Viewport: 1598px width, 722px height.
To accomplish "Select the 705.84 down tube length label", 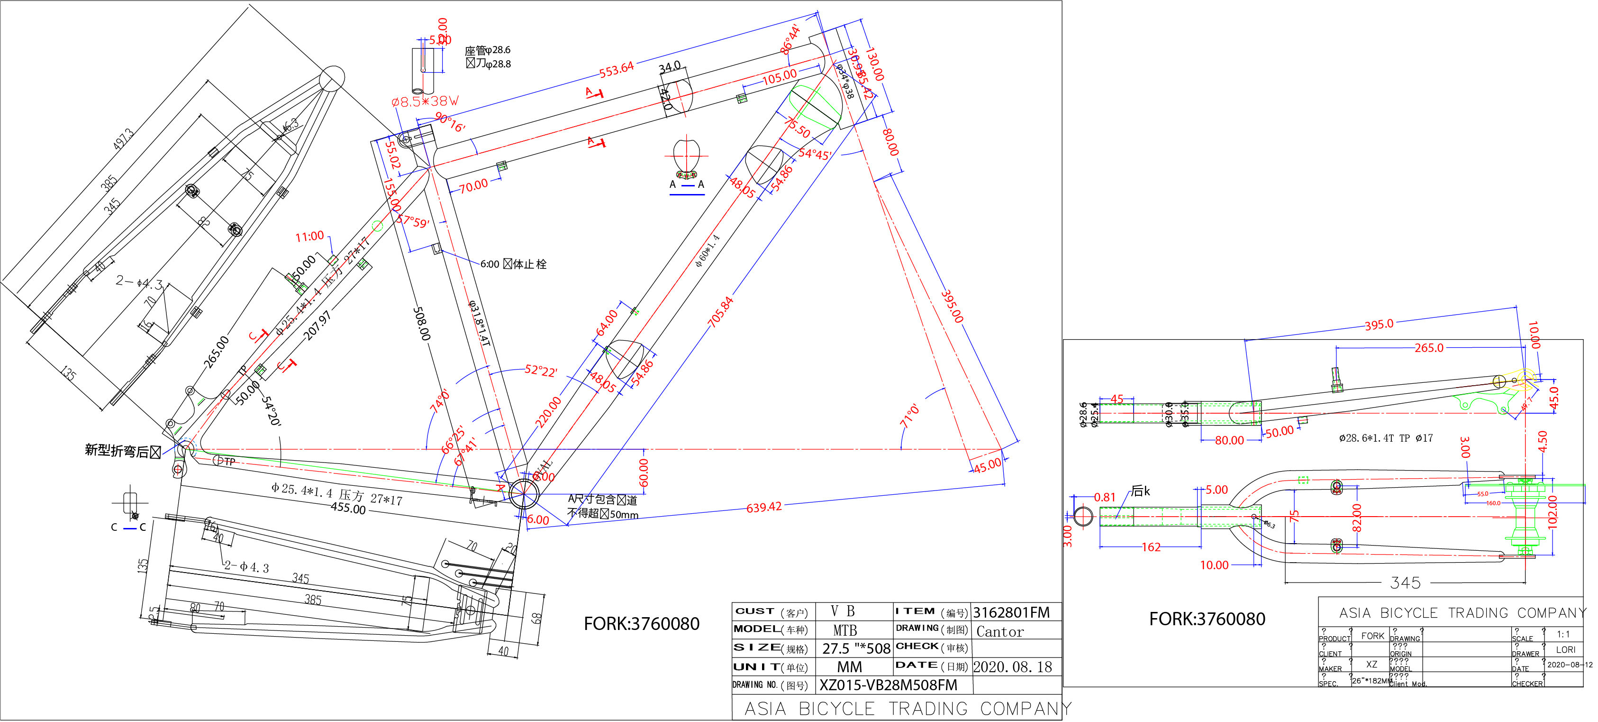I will click(x=721, y=312).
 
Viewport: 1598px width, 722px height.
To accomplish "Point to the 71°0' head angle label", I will click(x=909, y=416).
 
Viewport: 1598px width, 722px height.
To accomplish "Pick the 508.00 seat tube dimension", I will click(x=422, y=324).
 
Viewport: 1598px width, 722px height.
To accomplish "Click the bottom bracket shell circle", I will click(x=524, y=493).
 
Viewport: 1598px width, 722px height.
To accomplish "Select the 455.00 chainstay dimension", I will click(x=348, y=509).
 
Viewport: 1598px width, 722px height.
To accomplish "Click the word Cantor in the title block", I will click(x=999, y=632).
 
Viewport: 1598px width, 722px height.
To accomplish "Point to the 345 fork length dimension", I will click(x=1405, y=583).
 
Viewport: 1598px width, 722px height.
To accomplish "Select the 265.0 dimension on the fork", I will click(x=1429, y=348).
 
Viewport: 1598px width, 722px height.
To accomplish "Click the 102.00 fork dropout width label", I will click(x=1553, y=510).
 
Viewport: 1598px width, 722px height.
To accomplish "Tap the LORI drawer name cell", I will click(x=1565, y=650).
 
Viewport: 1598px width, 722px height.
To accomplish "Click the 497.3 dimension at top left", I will click(x=123, y=139).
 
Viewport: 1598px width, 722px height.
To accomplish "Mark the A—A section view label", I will click(x=686, y=185).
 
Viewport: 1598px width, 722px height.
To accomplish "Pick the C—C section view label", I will click(x=128, y=528).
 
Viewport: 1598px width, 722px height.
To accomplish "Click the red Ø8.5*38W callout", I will click(x=425, y=101).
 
